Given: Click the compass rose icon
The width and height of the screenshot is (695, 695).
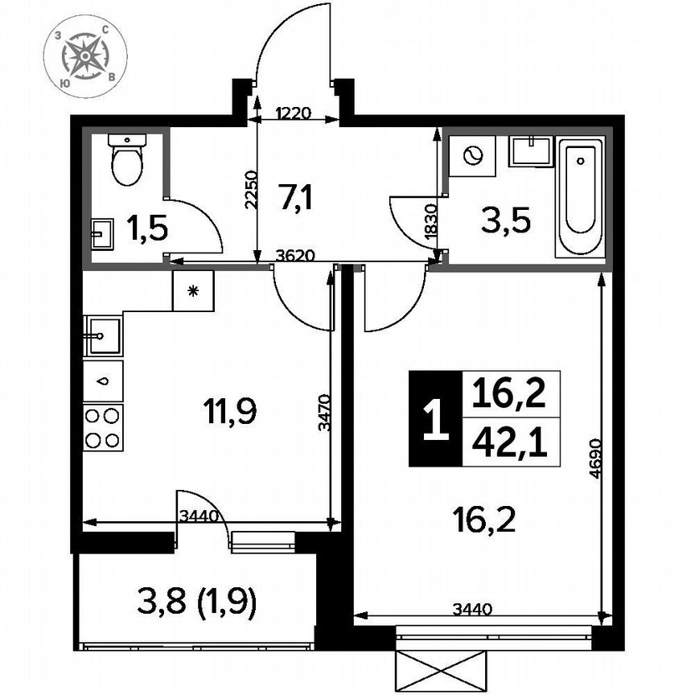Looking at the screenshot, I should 84,57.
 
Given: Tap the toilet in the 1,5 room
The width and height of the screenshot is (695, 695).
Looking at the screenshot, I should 127,161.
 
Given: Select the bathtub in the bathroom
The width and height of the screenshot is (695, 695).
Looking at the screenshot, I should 580,198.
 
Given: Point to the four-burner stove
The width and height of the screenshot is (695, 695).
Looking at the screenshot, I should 103,427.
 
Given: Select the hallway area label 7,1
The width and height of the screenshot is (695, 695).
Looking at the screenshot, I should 296,197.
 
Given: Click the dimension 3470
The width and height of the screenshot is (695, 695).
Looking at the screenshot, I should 323,413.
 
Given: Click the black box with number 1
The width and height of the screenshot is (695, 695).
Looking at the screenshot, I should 435,419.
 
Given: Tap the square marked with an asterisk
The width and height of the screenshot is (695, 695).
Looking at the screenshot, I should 193,290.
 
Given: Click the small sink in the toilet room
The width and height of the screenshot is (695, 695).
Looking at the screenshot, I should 101,235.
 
